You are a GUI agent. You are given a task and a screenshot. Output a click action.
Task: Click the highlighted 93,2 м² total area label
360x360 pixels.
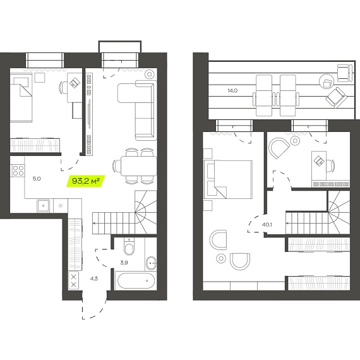coord(86,181)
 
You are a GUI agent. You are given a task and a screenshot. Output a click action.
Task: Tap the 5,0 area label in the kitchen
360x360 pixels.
coord(37,178)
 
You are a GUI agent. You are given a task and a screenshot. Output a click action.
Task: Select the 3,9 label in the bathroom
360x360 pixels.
coord(124,263)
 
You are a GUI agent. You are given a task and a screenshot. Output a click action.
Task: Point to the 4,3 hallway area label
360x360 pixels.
coord(94,279)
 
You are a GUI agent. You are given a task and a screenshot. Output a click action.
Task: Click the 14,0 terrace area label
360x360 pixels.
coord(232,90)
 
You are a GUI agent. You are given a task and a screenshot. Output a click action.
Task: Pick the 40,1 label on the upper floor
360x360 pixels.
coord(267,224)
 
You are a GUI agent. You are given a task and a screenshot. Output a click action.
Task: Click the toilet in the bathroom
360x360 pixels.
coord(129,247)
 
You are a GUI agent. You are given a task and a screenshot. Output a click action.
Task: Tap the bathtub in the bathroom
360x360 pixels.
coord(136,280)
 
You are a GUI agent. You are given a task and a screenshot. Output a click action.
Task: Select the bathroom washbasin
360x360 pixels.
coord(151,263)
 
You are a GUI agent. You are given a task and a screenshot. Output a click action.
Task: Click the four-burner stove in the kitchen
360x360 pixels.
coord(18,171)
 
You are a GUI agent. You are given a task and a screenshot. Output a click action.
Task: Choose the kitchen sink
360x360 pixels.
coord(44,205)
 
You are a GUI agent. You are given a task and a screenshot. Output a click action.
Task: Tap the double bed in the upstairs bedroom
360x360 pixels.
coord(228,179)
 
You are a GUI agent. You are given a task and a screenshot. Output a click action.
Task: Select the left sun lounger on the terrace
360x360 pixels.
coord(264,95)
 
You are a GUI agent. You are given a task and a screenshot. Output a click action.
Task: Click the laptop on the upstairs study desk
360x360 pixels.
coord(320,160)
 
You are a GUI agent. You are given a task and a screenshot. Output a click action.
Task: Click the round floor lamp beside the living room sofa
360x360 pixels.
coord(150,74)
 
